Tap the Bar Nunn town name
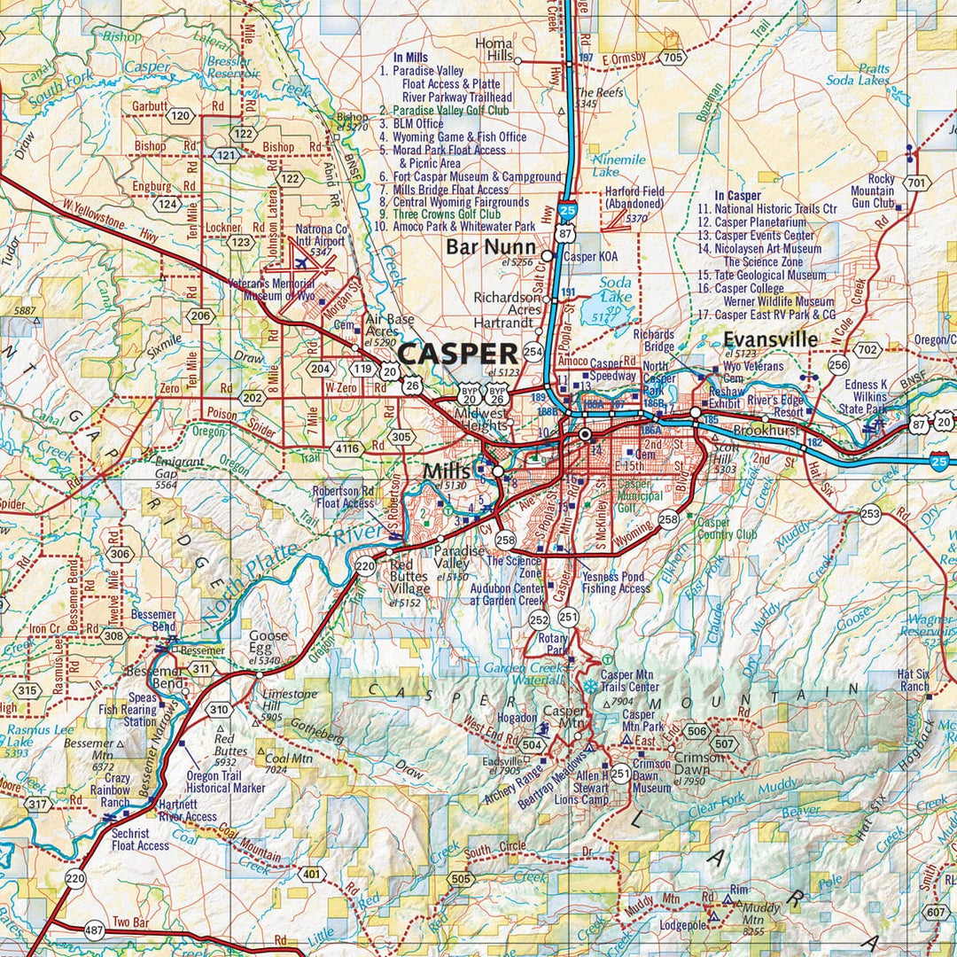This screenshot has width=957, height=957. coord(490,246)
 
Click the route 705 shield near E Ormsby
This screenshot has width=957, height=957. coord(673,58)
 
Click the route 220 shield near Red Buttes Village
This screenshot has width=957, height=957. coord(364,566)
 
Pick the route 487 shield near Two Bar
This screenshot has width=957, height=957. coord(95,930)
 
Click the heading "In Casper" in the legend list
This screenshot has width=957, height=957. coord(737,196)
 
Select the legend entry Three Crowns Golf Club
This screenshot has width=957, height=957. coord(451,214)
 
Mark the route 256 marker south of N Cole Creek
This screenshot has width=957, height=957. coord(838,364)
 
